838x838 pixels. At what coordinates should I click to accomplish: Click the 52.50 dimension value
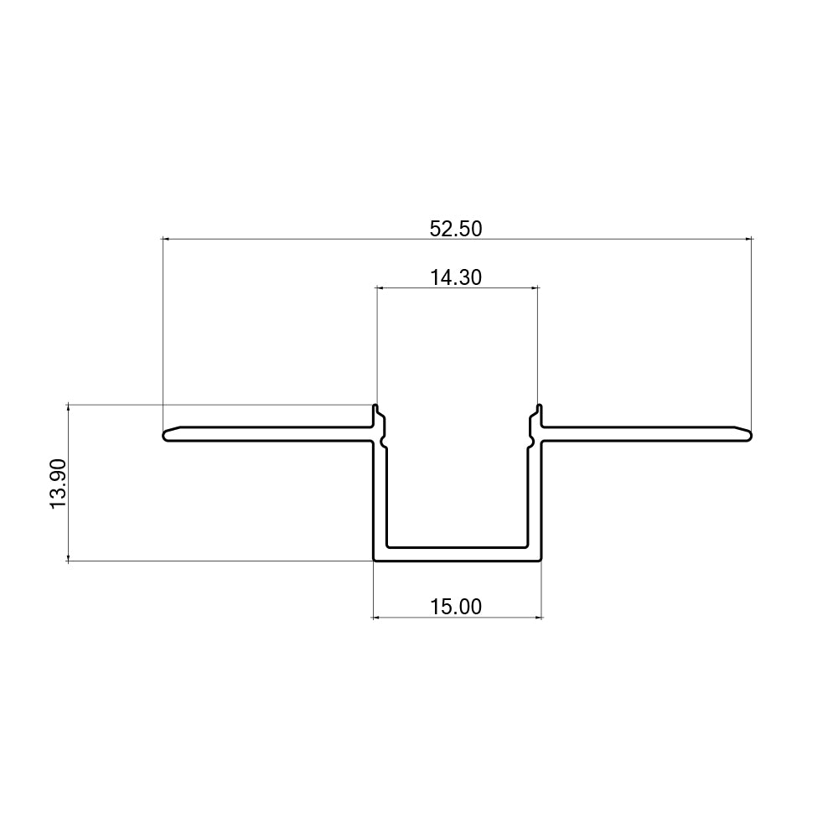tap(456, 228)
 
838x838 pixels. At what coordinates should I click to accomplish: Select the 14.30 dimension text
tap(456, 277)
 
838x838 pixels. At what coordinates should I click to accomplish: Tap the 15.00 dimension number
tap(456, 607)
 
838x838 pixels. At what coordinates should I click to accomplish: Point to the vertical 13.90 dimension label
tap(58, 484)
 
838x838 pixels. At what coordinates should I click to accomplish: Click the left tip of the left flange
tap(164, 435)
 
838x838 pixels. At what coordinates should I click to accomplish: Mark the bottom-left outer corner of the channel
tap(374, 560)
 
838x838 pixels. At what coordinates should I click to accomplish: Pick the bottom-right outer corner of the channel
tap(541, 560)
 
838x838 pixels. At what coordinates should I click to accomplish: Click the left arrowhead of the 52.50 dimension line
tap(165, 240)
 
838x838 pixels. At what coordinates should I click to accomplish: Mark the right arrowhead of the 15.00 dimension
tap(539, 618)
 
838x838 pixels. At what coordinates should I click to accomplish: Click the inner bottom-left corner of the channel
tap(388, 547)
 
